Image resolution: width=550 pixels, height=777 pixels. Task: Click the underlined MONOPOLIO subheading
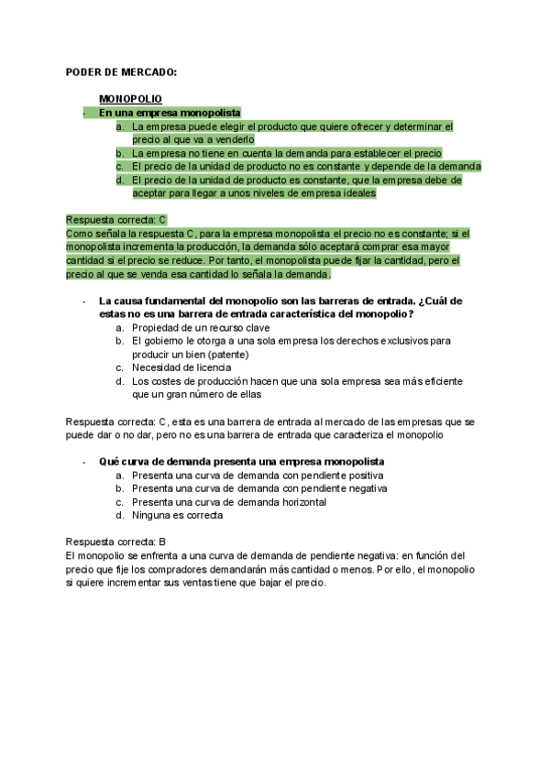(x=130, y=99)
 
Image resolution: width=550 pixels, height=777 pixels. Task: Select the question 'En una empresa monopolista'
(x=170, y=113)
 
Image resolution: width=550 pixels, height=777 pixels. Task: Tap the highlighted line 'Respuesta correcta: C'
(x=116, y=220)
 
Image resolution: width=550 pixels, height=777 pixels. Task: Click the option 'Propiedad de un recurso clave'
(x=201, y=327)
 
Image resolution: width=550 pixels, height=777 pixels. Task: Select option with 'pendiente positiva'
(x=258, y=476)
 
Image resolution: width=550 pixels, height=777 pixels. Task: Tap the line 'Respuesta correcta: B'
(x=115, y=542)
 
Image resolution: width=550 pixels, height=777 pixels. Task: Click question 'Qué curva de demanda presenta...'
(x=241, y=461)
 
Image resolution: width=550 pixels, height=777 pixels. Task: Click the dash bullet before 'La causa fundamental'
(x=83, y=301)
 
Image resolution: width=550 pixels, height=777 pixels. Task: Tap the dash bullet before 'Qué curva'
(x=83, y=461)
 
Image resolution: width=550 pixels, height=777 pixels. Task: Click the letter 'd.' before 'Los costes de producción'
(x=120, y=381)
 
